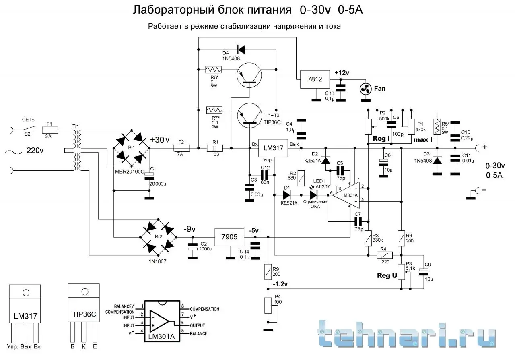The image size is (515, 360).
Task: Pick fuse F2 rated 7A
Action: click(x=181, y=148)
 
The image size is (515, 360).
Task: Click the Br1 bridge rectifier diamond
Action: click(x=132, y=148)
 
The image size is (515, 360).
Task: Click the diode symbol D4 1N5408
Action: click(x=241, y=50)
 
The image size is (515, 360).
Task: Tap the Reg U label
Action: click(x=387, y=275)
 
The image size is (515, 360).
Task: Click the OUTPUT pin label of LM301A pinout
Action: click(x=198, y=325)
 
